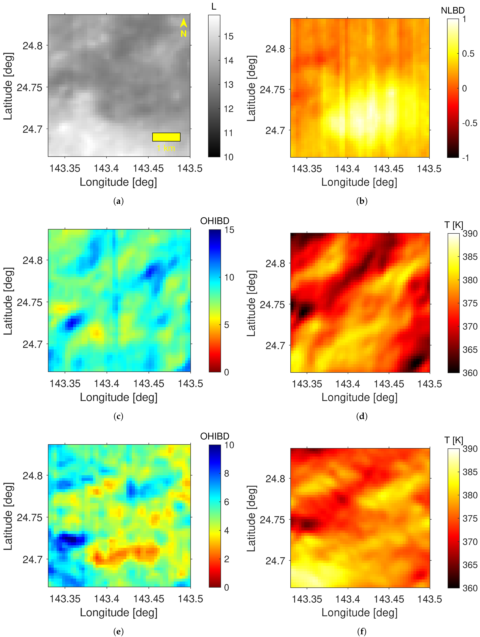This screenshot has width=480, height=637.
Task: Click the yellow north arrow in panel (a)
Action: click(183, 23)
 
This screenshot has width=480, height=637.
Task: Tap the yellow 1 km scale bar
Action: click(166, 137)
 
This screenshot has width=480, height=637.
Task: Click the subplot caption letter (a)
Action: click(118, 201)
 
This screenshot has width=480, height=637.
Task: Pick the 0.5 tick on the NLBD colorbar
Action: click(468, 54)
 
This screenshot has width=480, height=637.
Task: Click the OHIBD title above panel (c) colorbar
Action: click(215, 221)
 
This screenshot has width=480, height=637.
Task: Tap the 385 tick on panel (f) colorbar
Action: click(470, 472)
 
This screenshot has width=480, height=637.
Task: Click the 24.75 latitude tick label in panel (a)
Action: click(29, 87)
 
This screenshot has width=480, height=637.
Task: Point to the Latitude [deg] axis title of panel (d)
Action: click(251, 303)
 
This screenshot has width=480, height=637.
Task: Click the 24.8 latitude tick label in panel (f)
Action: click(275, 479)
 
